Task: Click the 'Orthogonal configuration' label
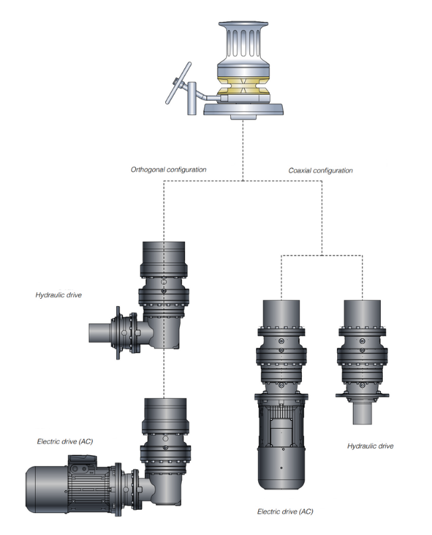[169, 169]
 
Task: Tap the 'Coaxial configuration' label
[321, 171]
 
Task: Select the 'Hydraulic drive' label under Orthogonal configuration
[59, 293]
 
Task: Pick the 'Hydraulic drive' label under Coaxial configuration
[370, 446]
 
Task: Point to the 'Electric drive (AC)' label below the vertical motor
[285, 511]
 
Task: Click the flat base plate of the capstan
[245, 109]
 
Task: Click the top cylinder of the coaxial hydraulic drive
[362, 316]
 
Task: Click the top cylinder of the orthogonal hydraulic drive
[164, 256]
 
